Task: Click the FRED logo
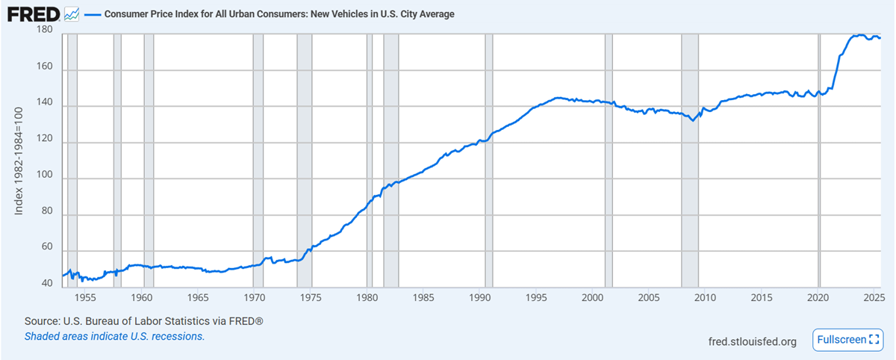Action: (x=34, y=13)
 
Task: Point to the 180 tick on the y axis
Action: (x=44, y=30)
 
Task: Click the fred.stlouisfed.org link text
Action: (x=752, y=341)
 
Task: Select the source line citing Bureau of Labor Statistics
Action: (x=145, y=321)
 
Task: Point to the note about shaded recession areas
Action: (x=114, y=336)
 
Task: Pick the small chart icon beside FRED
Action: (x=72, y=13)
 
